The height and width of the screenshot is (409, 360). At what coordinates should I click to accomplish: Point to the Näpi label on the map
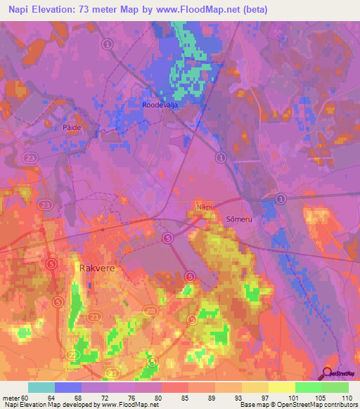[x=203, y=207]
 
